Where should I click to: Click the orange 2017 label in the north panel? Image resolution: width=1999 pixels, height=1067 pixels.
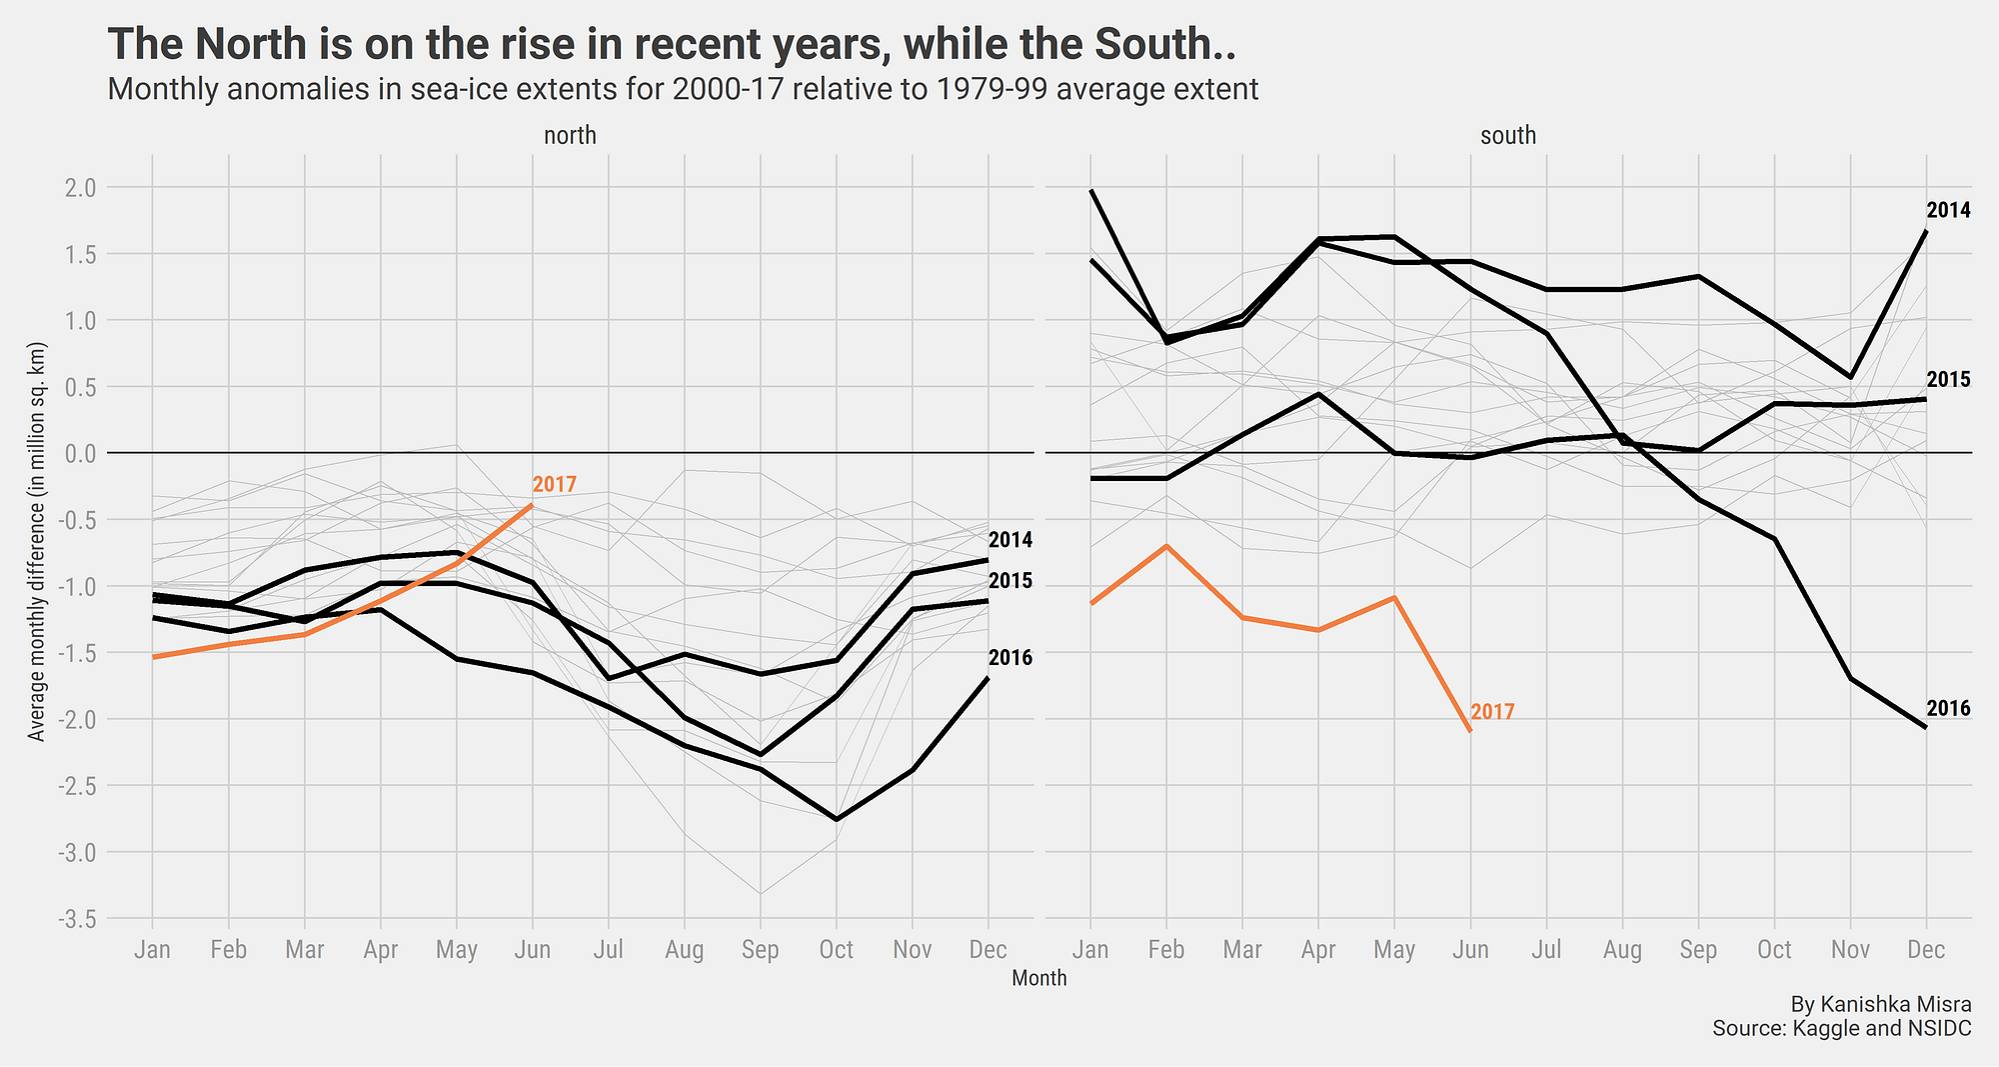[x=554, y=485]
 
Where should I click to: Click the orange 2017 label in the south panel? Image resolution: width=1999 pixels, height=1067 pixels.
[x=1492, y=712]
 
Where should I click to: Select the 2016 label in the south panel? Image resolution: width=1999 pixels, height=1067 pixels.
[x=1948, y=709]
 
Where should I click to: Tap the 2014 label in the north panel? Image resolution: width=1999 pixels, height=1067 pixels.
[x=1010, y=540]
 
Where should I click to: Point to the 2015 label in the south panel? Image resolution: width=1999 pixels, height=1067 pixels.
[x=1948, y=380]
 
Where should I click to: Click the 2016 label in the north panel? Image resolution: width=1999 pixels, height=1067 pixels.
[x=1010, y=658]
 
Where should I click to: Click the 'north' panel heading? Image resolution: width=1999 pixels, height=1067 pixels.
[x=570, y=136]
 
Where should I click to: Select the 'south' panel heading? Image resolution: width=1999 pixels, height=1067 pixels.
[x=1507, y=136]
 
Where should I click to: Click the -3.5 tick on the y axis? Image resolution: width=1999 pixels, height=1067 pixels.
[x=78, y=918]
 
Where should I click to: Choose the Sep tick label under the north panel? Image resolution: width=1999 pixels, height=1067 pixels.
[x=760, y=949]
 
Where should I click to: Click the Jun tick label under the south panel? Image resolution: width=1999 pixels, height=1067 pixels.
[x=1469, y=949]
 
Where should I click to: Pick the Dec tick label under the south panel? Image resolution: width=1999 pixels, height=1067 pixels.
[x=1926, y=949]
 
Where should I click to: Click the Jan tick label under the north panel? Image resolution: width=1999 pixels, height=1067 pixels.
[x=152, y=949]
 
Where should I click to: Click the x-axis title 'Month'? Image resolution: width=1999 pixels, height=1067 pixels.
[x=1038, y=979]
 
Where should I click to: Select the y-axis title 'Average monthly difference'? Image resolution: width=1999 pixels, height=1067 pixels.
[x=37, y=543]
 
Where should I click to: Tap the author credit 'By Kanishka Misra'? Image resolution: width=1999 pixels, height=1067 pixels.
[x=1880, y=1004]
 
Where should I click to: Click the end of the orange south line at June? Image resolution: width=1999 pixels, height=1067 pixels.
[x=1470, y=731]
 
